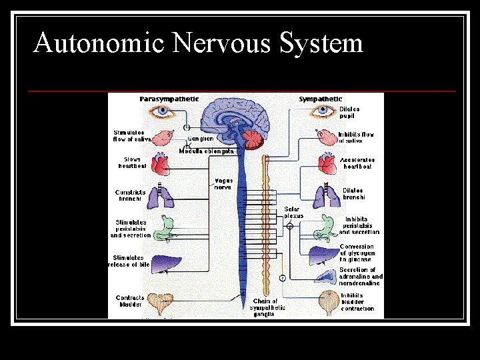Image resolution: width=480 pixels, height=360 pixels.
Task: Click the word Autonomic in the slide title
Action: click(99, 43)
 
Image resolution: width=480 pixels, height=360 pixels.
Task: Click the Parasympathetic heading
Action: click(169, 99)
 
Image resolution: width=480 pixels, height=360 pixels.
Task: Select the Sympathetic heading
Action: click(321, 99)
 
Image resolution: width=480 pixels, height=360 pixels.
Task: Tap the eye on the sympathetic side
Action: click(323, 111)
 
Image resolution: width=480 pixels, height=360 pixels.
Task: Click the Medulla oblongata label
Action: click(207, 151)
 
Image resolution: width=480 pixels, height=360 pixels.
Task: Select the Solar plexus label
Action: click(293, 213)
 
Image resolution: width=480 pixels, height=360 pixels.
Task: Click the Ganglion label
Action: click(200, 139)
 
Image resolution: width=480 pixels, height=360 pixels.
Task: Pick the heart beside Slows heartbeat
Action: click(162, 164)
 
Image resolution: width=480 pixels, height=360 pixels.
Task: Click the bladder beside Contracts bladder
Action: click(161, 303)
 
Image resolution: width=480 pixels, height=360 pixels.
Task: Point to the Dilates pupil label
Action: click(349, 112)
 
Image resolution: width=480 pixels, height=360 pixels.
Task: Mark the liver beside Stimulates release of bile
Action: click(162, 263)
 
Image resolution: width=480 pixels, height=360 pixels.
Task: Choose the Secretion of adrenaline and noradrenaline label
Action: click(361, 277)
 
